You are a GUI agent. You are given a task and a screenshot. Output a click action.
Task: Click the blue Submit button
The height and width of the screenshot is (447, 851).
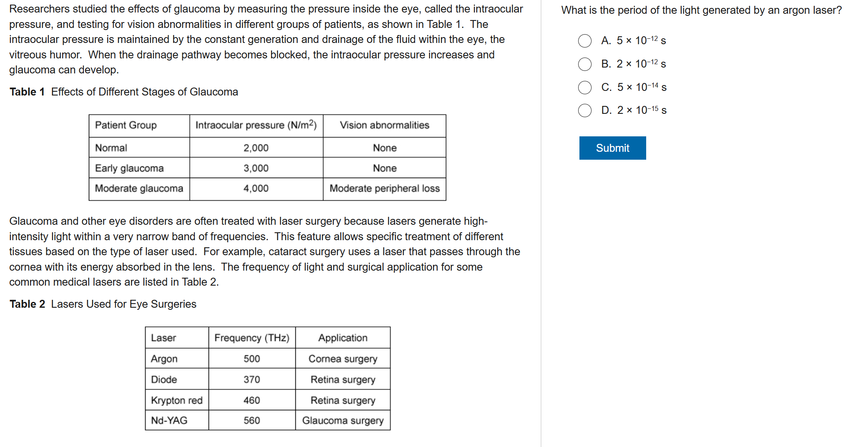click(612, 148)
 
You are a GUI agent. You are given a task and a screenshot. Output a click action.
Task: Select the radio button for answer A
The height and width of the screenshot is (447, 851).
click(585, 41)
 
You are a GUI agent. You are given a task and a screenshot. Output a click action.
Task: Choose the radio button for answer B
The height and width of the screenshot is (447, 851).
click(585, 64)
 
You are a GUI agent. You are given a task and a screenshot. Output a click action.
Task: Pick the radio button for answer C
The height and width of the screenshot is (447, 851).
click(585, 88)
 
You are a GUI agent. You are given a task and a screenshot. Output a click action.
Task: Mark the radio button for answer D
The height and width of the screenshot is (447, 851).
click(585, 110)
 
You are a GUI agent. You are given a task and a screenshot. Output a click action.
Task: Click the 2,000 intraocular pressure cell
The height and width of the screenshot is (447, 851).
click(256, 148)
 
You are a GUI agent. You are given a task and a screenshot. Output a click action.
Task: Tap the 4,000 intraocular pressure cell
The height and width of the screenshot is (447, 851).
click(256, 188)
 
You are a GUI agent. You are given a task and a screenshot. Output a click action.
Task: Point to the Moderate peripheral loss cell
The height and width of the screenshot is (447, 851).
click(384, 188)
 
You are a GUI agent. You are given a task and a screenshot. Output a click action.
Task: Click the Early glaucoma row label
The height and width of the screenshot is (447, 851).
click(129, 168)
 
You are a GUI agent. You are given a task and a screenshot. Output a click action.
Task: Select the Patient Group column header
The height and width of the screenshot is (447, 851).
click(126, 126)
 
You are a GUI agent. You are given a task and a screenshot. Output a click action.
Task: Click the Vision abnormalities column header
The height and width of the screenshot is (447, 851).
click(384, 126)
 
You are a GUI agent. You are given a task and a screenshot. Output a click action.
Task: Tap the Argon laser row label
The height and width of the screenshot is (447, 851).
click(164, 359)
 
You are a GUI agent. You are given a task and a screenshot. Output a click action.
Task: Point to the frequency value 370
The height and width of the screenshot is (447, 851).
click(252, 379)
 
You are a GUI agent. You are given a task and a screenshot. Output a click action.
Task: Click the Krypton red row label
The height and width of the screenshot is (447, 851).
click(176, 400)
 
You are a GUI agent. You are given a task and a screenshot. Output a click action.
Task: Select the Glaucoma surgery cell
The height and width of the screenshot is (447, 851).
click(342, 420)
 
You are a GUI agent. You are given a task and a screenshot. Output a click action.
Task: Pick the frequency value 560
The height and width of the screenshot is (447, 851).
click(252, 420)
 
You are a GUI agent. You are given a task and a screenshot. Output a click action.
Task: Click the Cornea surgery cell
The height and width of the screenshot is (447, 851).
click(342, 359)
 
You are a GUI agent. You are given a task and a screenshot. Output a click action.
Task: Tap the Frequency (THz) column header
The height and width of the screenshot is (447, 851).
click(252, 338)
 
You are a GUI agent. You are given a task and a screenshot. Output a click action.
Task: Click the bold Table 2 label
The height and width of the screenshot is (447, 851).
click(27, 304)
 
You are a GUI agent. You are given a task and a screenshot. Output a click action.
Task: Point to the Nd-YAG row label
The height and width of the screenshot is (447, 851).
click(169, 420)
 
